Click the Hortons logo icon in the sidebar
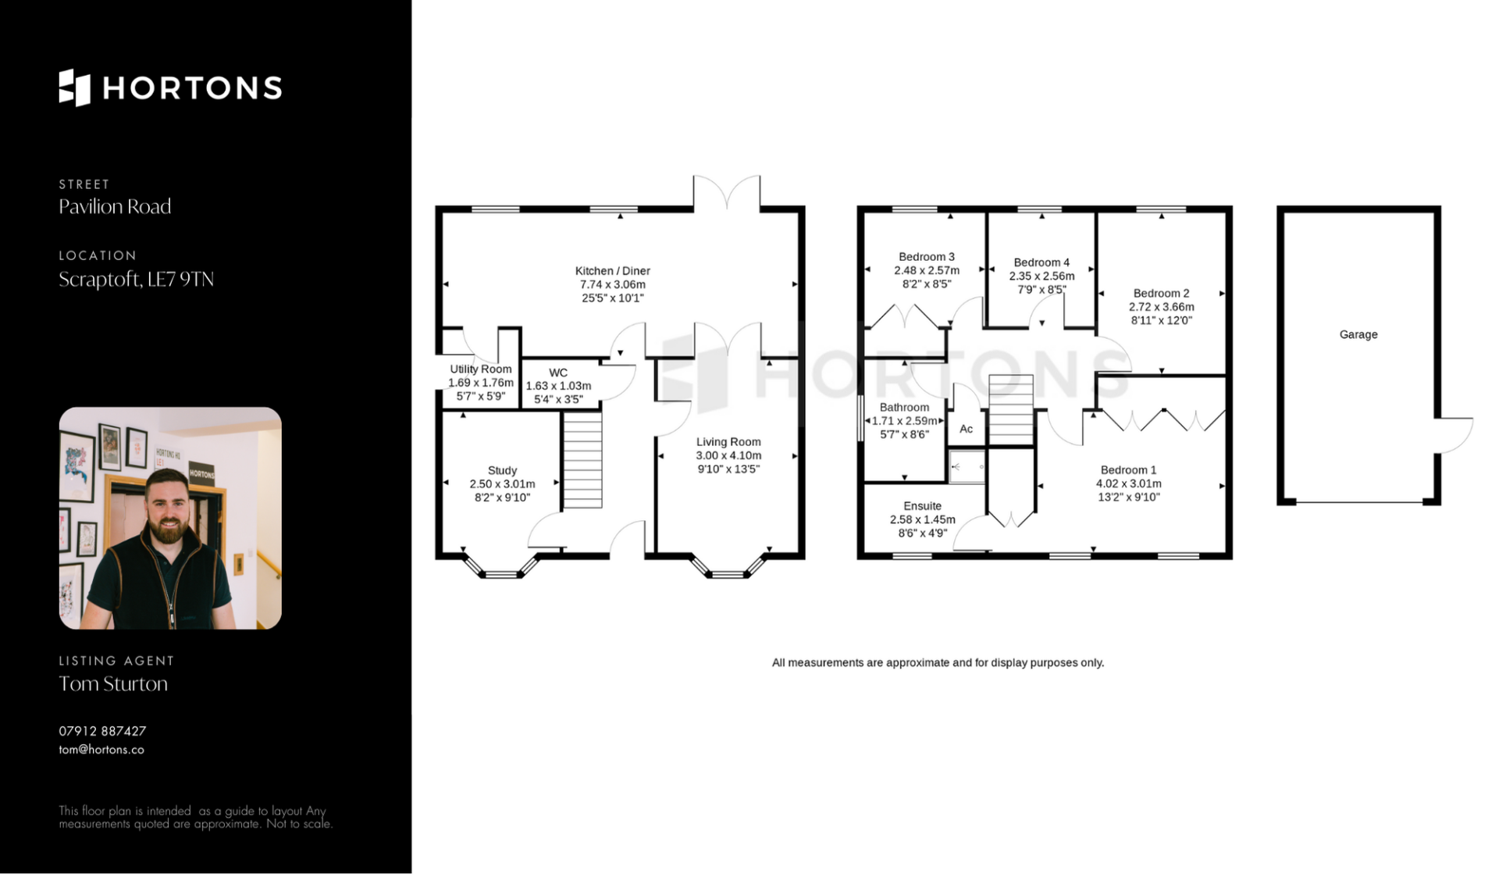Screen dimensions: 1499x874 75,87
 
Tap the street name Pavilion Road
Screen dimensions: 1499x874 115,207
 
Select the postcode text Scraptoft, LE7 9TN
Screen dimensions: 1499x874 136,280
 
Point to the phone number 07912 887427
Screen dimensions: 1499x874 102,731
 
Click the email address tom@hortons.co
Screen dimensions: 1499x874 101,750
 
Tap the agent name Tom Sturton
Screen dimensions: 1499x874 113,684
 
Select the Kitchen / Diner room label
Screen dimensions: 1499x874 613,271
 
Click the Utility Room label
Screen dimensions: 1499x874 481,369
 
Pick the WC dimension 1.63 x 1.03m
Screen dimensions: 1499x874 558,386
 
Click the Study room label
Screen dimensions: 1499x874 502,470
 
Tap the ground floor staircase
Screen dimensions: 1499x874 582,460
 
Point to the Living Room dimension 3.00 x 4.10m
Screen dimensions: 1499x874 728,455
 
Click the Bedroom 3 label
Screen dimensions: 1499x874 927,257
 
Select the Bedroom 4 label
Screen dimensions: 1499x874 1041,262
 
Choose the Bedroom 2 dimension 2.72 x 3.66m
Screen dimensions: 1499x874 1162,307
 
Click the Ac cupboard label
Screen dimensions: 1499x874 967,429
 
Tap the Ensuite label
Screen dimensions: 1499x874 923,506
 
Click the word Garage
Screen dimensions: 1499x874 1358,334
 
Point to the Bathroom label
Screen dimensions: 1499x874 905,407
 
